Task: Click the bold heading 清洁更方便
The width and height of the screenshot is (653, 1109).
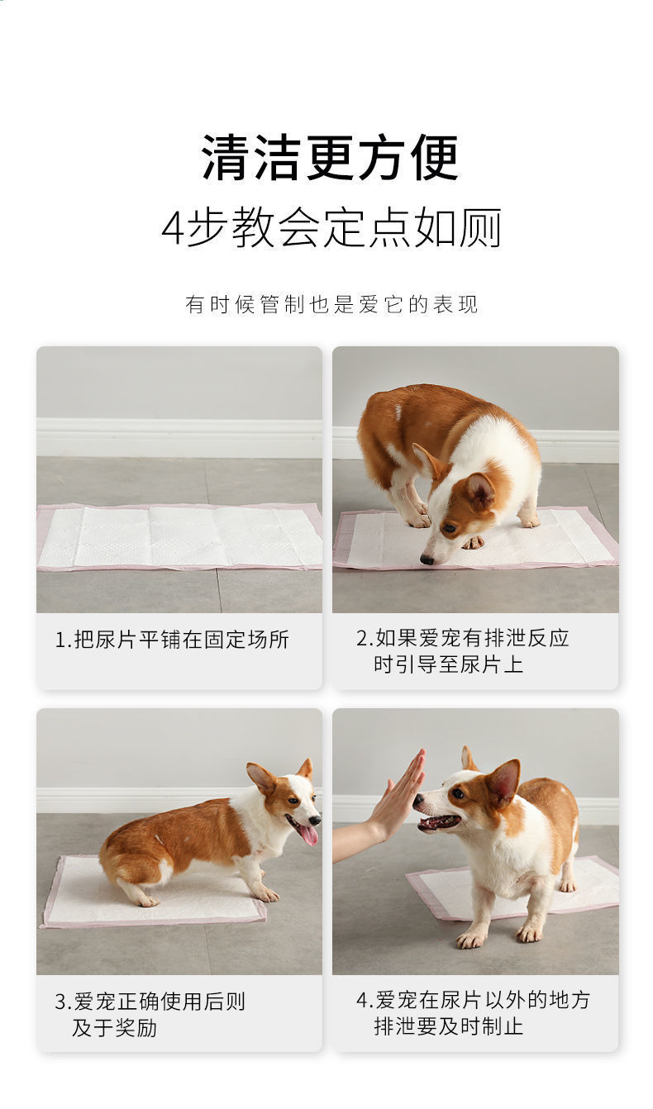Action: (330, 158)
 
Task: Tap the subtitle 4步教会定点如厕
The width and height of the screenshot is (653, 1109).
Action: (331, 228)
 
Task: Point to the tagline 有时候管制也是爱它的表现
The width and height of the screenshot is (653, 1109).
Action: (331, 304)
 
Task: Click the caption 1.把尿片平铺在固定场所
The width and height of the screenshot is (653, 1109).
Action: (172, 639)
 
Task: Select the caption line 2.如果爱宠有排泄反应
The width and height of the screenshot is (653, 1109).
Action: (463, 638)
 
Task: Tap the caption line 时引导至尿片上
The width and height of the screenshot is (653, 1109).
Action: (448, 664)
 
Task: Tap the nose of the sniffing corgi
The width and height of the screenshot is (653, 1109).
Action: (427, 560)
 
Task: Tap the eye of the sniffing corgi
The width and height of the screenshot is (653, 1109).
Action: (449, 528)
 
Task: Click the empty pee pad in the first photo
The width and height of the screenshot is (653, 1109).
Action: (179, 537)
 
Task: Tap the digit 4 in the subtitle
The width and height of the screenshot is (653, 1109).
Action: (173, 229)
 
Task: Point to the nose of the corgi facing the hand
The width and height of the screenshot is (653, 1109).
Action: (418, 800)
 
